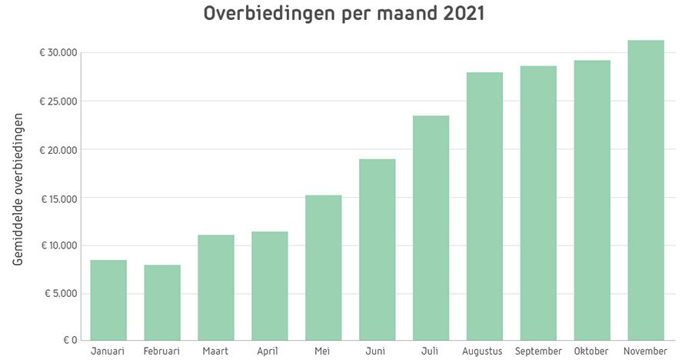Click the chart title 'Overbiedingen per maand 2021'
344,15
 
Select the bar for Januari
108,300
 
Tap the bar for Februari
161,302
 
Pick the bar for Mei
323,267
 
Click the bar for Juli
431,228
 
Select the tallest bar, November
645,190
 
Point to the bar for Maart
215,287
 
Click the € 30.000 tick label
59,53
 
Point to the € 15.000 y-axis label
59,198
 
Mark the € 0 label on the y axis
68,340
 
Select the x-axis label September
538,352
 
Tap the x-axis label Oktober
591,352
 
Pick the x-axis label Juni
377,352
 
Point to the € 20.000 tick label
59,150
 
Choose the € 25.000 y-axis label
59,102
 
